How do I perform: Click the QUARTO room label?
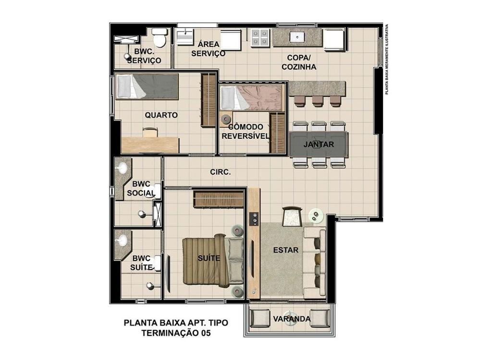click(161, 115)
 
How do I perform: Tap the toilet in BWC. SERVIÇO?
click(160, 37)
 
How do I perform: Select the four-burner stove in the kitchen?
click(260, 38)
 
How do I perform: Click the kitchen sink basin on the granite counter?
click(297, 37)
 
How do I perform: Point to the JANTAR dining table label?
click(319, 144)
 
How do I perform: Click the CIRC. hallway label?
click(220, 172)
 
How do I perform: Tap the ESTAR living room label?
click(285, 250)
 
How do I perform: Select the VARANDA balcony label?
click(292, 319)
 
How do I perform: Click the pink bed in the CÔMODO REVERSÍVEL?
click(252, 97)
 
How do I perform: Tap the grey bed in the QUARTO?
click(147, 86)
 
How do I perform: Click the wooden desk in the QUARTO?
click(150, 145)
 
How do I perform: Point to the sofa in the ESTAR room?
click(314, 262)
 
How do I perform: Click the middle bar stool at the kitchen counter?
click(318, 101)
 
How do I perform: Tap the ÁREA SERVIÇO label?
click(209, 48)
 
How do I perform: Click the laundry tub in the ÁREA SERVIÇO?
click(185, 36)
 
